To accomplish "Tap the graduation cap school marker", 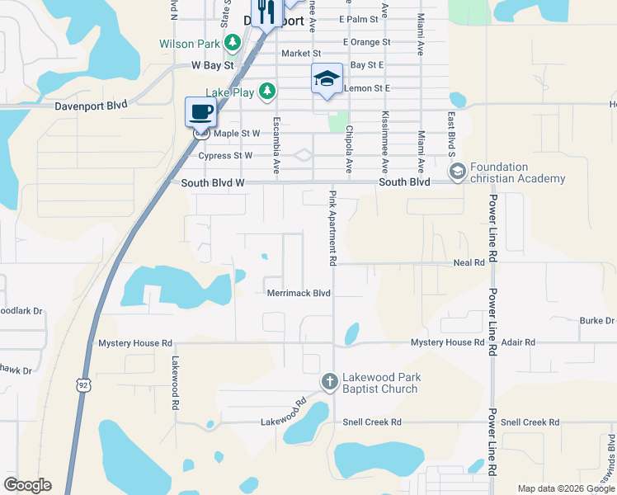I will tap(327, 79).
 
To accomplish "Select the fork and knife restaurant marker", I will tap(265, 12).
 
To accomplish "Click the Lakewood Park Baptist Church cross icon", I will tap(329, 381).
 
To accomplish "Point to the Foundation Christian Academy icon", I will tap(457, 172).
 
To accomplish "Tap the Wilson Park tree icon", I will tap(233, 42).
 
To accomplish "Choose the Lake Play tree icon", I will tap(266, 91).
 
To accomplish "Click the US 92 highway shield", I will tap(82, 385).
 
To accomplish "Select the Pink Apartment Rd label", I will tap(332, 228).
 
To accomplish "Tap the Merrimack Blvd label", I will tap(299, 293).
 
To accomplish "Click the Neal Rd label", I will tap(469, 262).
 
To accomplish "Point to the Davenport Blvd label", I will tap(91, 105).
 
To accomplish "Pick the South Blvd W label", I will tap(213, 181).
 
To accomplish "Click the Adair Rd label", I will tap(518, 342).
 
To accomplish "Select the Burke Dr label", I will tap(597, 320).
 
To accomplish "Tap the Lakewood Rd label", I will tap(175, 383).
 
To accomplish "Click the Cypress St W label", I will tap(225, 155).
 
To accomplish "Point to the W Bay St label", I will tap(213, 64).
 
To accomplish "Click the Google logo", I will tap(27, 485).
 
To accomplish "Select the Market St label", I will tap(294, 54).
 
